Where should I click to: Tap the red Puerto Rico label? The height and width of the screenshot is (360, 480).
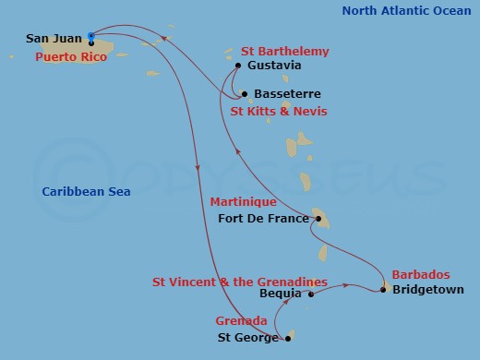(70, 57)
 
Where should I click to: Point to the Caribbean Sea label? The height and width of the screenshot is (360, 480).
(86, 192)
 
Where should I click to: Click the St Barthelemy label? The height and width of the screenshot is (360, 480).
(284, 52)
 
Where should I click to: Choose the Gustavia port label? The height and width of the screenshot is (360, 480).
(275, 66)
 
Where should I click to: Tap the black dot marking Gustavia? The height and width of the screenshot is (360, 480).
(238, 66)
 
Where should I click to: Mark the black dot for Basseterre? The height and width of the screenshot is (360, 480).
(244, 94)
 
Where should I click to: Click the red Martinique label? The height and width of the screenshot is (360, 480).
(243, 201)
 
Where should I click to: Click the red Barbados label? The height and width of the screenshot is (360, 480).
(421, 274)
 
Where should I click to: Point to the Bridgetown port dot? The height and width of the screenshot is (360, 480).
(384, 290)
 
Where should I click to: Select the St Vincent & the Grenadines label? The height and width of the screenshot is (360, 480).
(240, 281)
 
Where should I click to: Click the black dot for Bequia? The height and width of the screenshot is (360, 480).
(311, 295)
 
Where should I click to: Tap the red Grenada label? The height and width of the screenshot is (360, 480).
(242, 320)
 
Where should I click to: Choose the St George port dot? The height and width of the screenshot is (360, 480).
(288, 338)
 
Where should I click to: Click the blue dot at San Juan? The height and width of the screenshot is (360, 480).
(90, 36)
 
